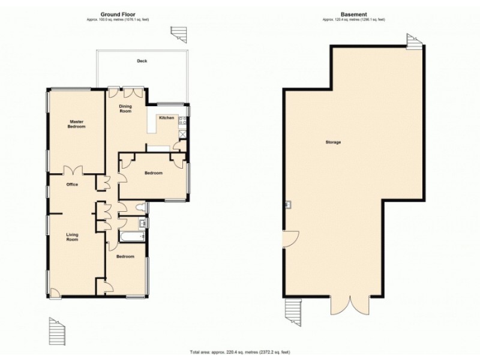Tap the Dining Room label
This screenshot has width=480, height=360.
tap(125, 108)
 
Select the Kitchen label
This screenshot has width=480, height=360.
tap(166, 118)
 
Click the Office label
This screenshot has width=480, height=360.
tap(73, 184)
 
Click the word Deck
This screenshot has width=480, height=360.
tap(142, 61)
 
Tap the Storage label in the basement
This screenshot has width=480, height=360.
tap(333, 142)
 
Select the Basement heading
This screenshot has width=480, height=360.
tap(353, 14)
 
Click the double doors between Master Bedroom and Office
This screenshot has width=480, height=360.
tap(73, 170)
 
